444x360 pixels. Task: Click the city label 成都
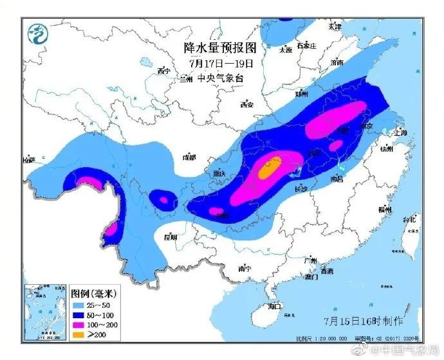coord(189,156)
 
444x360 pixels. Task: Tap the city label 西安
coord(246,104)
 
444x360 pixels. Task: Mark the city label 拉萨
coord(29,160)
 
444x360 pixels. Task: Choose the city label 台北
coord(409,219)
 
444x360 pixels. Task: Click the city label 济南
coord(337,62)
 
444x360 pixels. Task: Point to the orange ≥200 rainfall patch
coord(270,169)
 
